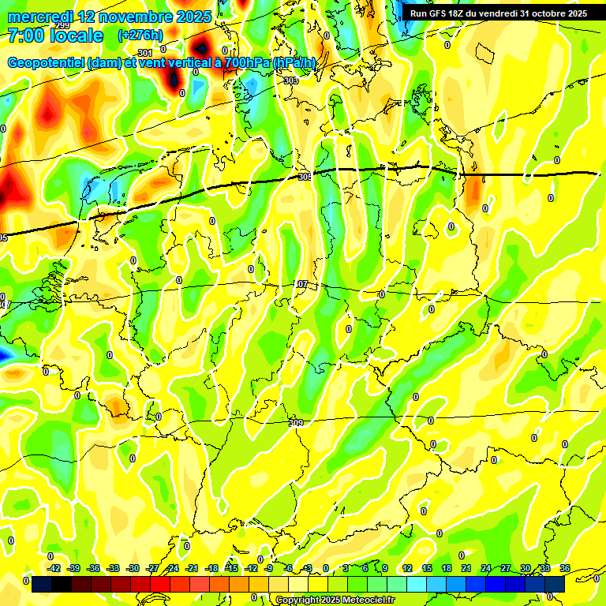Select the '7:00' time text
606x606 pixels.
click(26, 36)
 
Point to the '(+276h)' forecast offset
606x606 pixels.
click(140, 36)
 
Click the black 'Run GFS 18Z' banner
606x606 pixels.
click(498, 13)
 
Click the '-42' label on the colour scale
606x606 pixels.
click(54, 568)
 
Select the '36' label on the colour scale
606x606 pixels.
click(564, 568)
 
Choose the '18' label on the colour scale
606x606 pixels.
click(447, 568)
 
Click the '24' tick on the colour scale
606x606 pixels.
click(486, 568)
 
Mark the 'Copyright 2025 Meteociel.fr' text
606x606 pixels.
click(335, 600)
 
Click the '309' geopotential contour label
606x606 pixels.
click(296, 424)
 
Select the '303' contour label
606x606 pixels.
click(290, 80)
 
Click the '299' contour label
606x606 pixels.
click(62, 26)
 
